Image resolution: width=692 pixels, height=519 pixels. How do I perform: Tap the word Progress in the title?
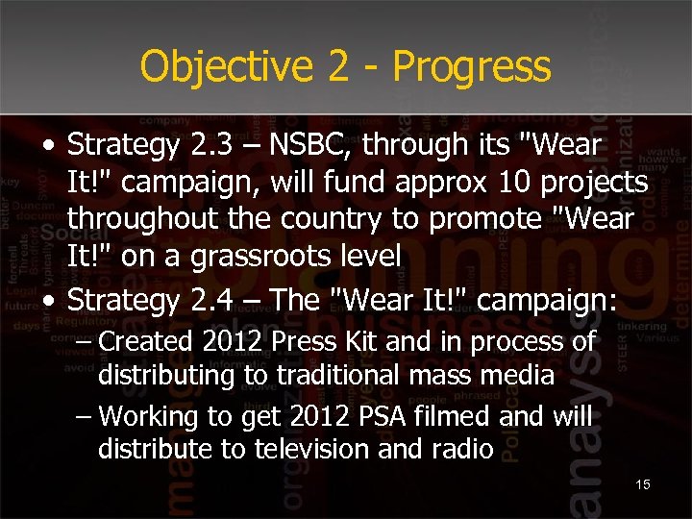coord(472,67)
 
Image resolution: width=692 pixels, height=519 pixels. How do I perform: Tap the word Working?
coord(147,416)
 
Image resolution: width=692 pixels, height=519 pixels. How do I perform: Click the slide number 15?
coord(643,484)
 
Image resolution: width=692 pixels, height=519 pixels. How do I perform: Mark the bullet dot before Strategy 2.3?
coord(48,147)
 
